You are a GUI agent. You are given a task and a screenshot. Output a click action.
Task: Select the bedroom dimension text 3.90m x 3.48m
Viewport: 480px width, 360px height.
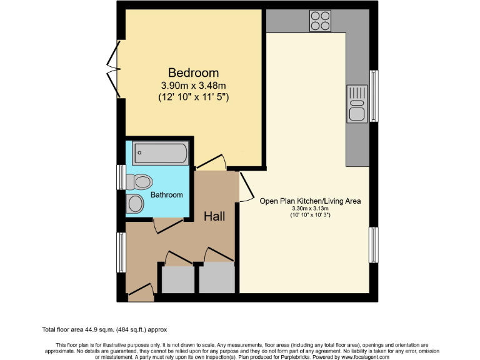[x=192, y=86]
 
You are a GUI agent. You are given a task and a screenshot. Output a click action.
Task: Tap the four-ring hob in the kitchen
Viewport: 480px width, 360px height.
[x=321, y=21]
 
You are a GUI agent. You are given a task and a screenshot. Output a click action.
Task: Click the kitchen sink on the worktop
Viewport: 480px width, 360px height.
[x=357, y=103]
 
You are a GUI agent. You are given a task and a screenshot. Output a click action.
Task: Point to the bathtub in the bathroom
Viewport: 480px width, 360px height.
[x=160, y=152]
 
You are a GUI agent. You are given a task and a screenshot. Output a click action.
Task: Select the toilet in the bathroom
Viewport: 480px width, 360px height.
[x=140, y=181]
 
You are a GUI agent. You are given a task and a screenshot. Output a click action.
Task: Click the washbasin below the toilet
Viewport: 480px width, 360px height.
[x=135, y=203]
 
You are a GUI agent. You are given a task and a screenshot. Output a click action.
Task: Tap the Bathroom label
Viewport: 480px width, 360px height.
[x=167, y=195]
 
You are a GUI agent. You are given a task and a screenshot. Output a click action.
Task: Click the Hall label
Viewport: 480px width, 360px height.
[x=214, y=216]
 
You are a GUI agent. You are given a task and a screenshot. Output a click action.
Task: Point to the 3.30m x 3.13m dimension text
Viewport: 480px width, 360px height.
[x=310, y=209]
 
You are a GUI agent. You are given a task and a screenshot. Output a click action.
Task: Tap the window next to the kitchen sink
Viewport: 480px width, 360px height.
[x=374, y=96]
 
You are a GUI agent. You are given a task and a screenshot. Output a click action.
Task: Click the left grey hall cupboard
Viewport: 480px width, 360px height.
[x=177, y=279]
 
